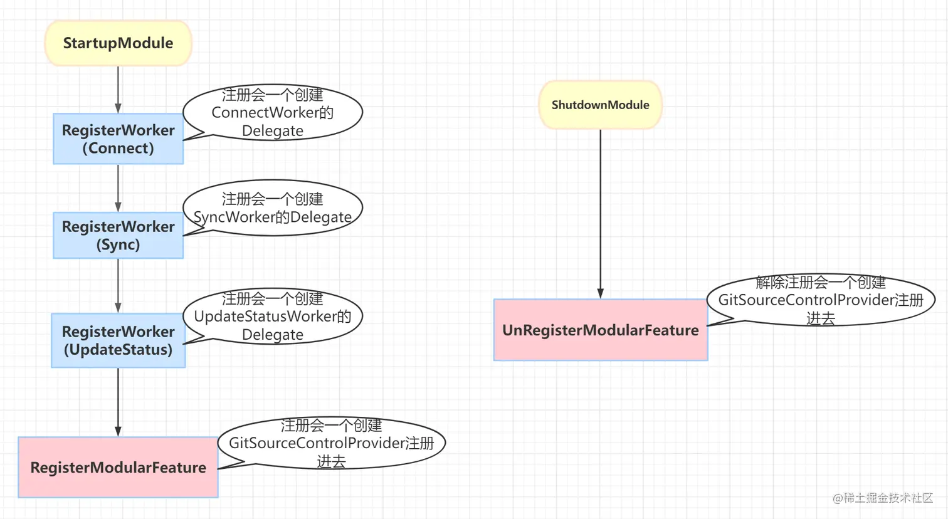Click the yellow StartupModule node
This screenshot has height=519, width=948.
click(118, 43)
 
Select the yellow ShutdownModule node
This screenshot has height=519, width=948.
click(600, 105)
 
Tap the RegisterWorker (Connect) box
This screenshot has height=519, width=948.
click(118, 139)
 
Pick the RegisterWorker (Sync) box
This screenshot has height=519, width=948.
click(118, 235)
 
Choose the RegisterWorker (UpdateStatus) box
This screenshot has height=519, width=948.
click(118, 340)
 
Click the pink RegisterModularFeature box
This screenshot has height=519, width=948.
click(118, 467)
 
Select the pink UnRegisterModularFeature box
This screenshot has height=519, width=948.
click(600, 330)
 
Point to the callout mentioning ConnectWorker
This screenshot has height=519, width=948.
click(273, 113)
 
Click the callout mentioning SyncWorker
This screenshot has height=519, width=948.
click(273, 208)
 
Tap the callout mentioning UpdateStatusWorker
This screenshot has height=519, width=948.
click(273, 317)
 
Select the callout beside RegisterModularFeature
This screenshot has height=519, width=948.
click(331, 443)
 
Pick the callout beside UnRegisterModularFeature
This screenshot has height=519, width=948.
click(820, 300)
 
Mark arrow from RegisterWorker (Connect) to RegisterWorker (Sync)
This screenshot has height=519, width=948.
click(118, 187)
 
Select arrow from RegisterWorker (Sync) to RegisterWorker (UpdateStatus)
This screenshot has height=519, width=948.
click(118, 285)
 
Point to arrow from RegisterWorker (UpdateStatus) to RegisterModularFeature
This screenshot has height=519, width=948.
click(118, 401)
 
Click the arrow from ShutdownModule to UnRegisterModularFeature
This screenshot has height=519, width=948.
click(600, 213)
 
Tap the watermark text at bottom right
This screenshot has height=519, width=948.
click(883, 498)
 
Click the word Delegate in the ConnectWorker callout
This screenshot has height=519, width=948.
click(273, 131)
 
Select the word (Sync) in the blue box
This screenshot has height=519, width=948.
click(118, 244)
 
